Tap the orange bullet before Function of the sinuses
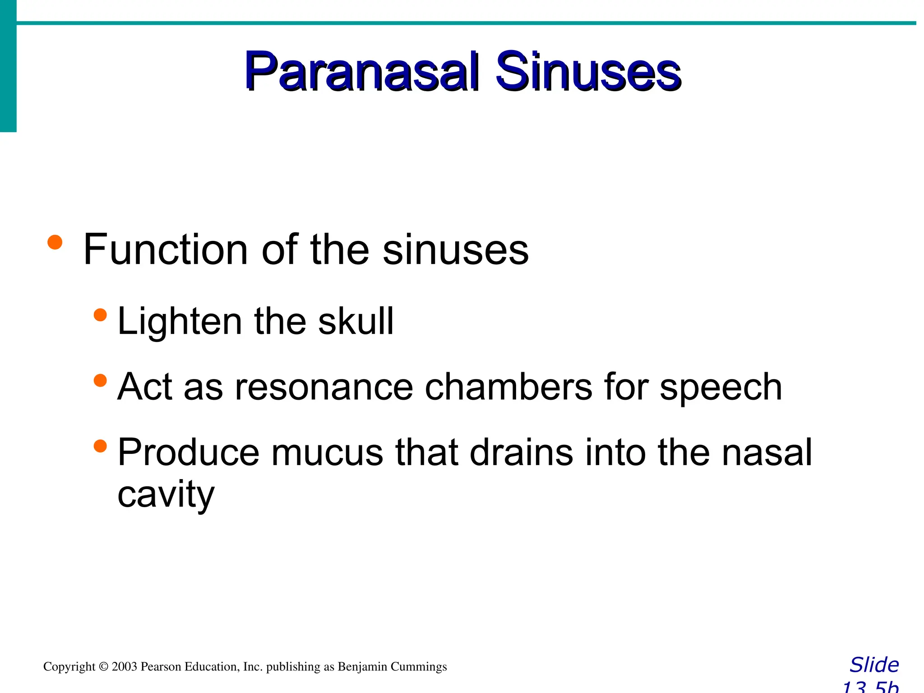click(x=55, y=242)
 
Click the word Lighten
click(x=180, y=321)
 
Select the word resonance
click(x=323, y=387)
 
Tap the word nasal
click(x=767, y=453)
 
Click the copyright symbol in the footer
click(x=104, y=667)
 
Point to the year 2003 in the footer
click(x=124, y=667)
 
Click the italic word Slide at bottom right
click(x=874, y=665)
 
